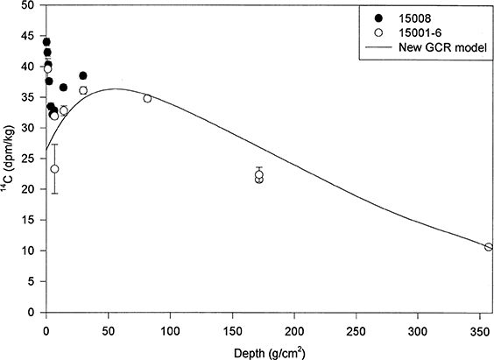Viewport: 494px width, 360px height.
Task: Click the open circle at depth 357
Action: [x=488, y=247]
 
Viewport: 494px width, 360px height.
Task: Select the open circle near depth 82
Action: [x=147, y=98]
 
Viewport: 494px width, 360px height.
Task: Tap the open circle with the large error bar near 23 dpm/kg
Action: [x=54, y=169]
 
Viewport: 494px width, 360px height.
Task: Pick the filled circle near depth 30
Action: [x=83, y=75]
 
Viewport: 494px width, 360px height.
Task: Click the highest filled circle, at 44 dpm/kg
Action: [x=46, y=42]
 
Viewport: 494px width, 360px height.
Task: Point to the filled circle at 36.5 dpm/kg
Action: [x=63, y=88]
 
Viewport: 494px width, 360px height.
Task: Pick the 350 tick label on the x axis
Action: [x=478, y=327]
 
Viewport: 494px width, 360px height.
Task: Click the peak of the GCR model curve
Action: [x=114, y=88]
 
